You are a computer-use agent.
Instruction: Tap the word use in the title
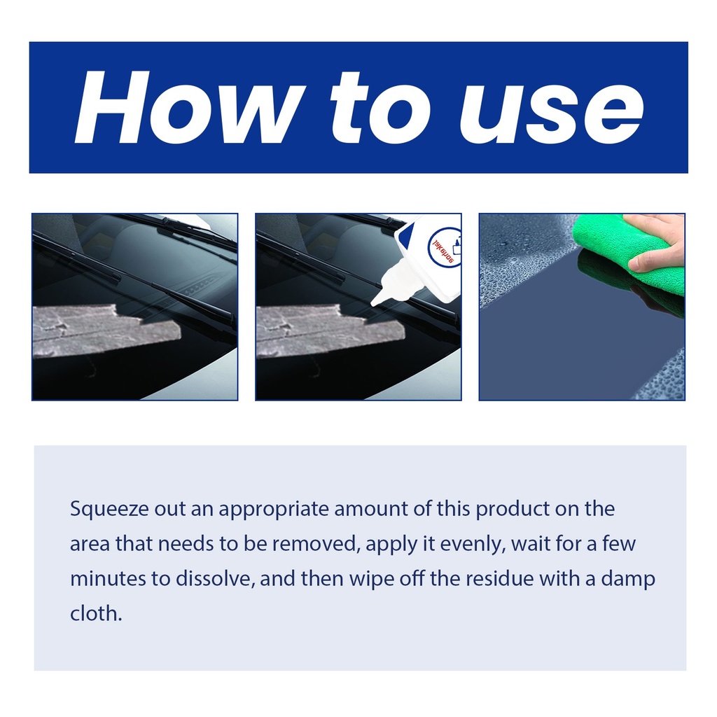552,111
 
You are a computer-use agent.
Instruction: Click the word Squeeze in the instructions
109,510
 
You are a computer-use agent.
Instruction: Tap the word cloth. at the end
96,613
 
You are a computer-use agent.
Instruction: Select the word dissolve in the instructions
214,578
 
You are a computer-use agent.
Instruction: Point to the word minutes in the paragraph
107,579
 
